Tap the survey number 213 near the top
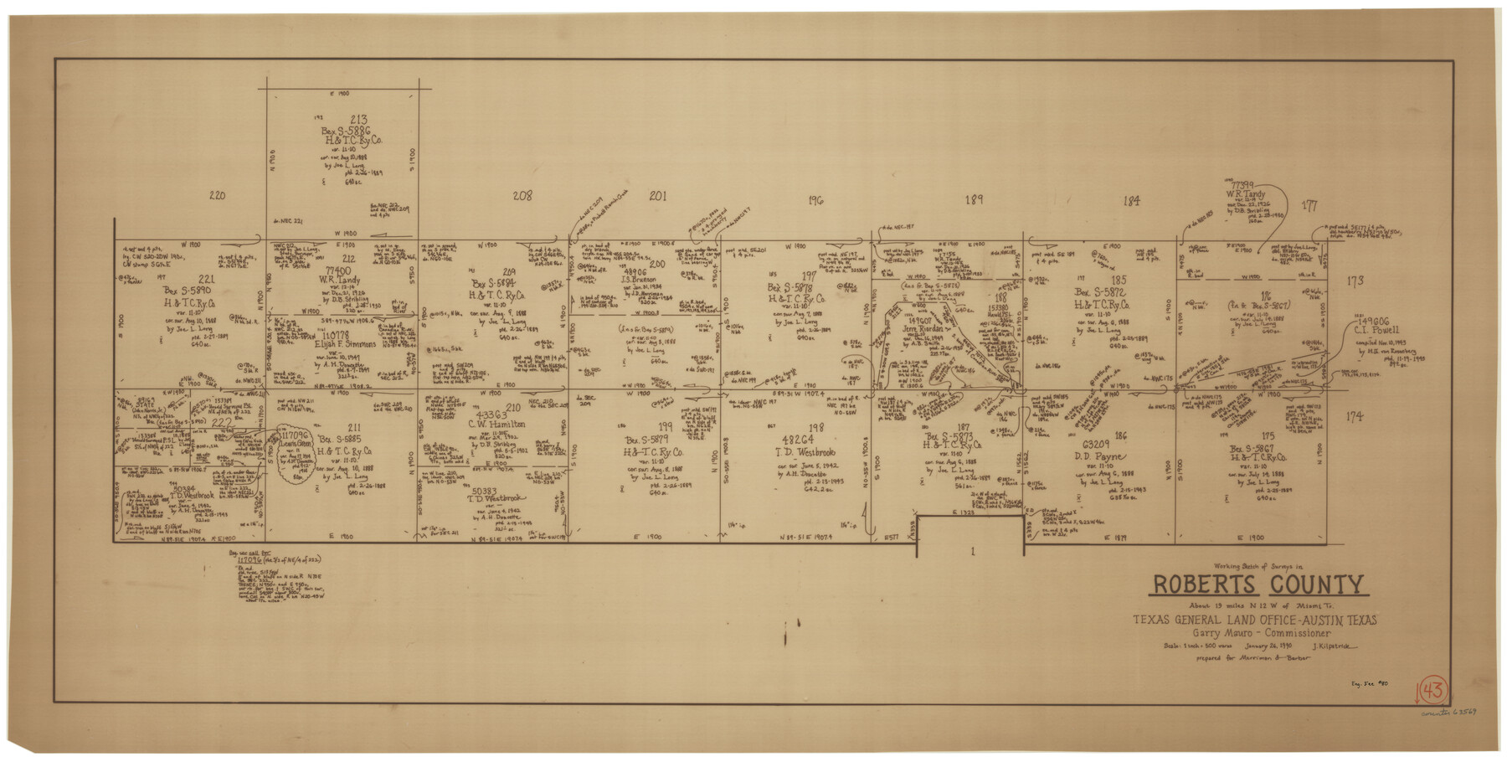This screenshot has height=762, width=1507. (x=359, y=120)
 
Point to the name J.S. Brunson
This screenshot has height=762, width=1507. (x=642, y=280)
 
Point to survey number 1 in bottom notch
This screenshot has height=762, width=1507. (x=972, y=550)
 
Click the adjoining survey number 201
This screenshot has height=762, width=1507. (x=658, y=196)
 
